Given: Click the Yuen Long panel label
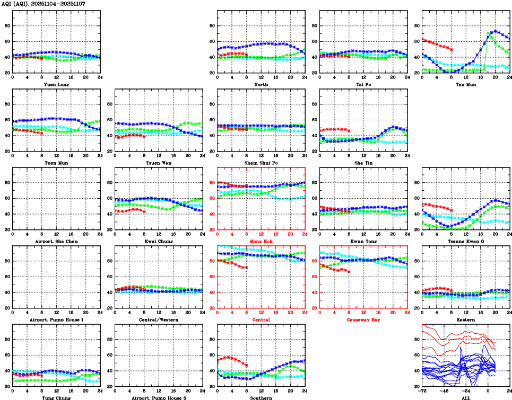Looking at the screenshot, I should click(x=56, y=84).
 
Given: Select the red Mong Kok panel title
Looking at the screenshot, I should click(x=261, y=241).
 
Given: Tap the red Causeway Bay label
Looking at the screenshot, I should click(x=363, y=319).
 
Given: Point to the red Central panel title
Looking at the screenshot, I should click(x=261, y=319).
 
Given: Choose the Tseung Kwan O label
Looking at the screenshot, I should click(x=466, y=241).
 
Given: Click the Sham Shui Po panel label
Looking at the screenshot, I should click(x=261, y=163).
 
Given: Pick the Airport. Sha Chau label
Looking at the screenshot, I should click(x=56, y=241).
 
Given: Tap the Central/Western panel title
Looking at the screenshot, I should click(x=159, y=319).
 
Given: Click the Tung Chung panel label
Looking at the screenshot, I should click(x=56, y=398).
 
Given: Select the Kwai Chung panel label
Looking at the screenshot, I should click(x=159, y=241).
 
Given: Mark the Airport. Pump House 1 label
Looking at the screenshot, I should click(x=56, y=319).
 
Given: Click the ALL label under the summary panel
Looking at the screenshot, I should click(x=466, y=398).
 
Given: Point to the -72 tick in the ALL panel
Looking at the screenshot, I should click(x=422, y=392).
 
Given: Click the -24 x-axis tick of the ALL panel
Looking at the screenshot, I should click(x=466, y=392).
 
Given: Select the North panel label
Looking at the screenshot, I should click(x=261, y=84).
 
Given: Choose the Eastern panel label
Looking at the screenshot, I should click(x=466, y=319).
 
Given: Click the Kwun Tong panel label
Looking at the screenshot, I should click(x=363, y=241).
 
